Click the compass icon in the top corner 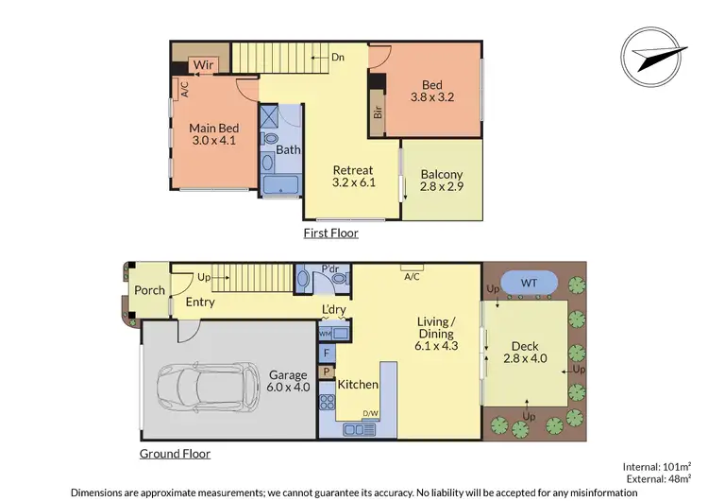(653, 54)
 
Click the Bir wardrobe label (378, 110)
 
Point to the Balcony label (442, 174)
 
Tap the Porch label (149, 290)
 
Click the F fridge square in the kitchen (327, 354)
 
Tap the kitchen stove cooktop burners (328, 404)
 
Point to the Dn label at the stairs (337, 57)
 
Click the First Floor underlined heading (330, 233)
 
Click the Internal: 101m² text (658, 465)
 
